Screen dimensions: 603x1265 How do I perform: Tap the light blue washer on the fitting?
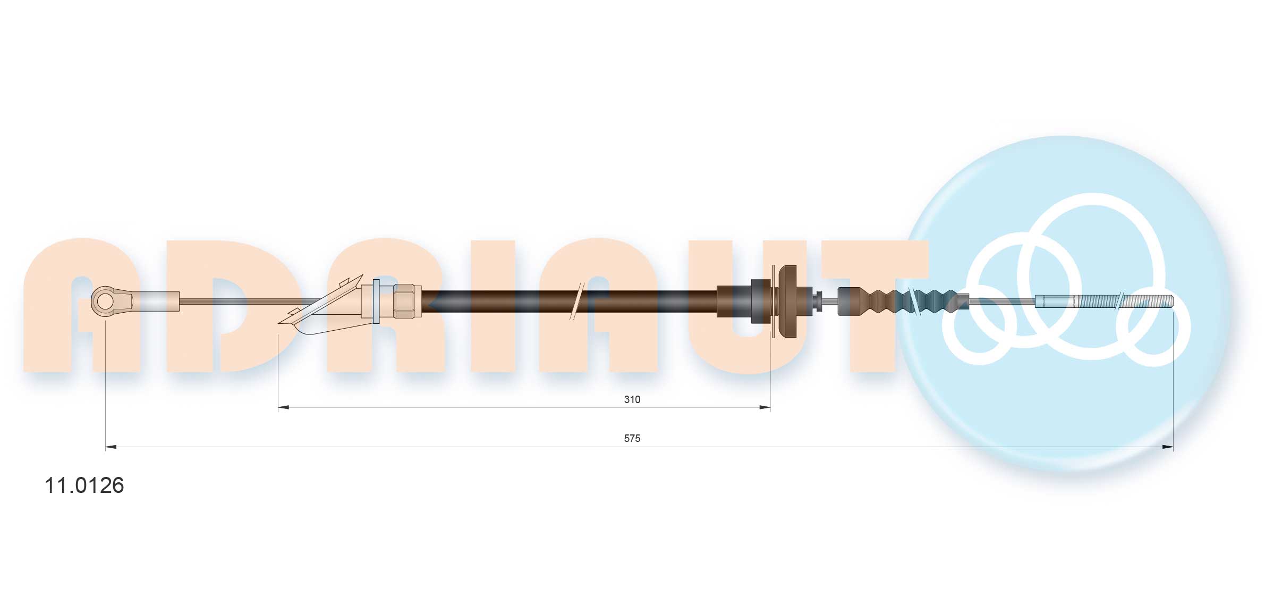(x=376, y=301)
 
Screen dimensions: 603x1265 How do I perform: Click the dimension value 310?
(x=632, y=399)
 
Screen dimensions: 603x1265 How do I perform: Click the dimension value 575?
(x=632, y=439)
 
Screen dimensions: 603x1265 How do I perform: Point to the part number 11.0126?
(x=84, y=485)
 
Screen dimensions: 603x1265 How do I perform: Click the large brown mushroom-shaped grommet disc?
(x=787, y=301)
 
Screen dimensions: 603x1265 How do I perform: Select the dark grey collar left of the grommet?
(x=761, y=301)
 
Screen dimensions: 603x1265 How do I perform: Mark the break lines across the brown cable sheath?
(x=576, y=301)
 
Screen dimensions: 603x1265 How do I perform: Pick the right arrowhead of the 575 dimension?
(x=1168, y=447)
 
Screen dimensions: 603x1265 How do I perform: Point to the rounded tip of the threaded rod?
(x=1171, y=301)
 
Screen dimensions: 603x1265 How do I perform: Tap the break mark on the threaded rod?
(x=1119, y=301)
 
